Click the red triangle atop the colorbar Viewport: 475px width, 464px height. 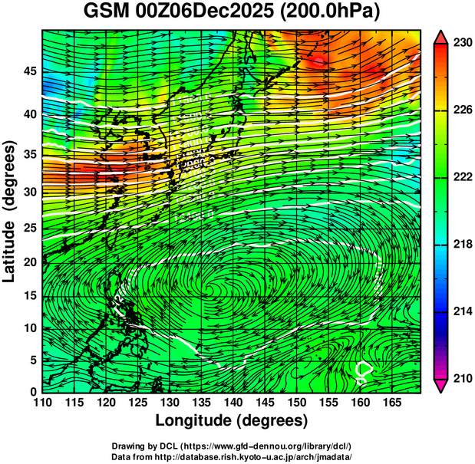440,37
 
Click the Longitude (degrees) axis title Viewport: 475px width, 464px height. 232,420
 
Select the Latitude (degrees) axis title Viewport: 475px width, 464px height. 11,211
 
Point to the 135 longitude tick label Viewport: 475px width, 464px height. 200,403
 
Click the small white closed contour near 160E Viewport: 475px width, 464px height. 364,371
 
